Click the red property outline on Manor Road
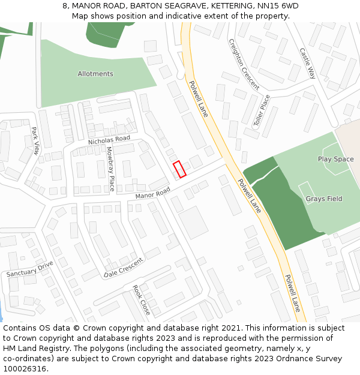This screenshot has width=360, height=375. pyautogui.click(x=179, y=169)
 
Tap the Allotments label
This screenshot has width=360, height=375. pyautogui.click(x=95, y=74)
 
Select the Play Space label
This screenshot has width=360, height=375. pyautogui.click(x=335, y=159)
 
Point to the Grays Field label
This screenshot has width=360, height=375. pyautogui.click(x=324, y=199)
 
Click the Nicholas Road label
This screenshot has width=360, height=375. pyautogui.click(x=109, y=139)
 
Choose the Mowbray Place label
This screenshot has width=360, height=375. pyautogui.click(x=110, y=169)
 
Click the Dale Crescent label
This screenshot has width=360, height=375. pyautogui.click(x=124, y=267)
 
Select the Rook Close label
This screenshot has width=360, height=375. pyautogui.click(x=141, y=300)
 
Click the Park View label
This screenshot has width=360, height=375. pyautogui.click(x=35, y=141)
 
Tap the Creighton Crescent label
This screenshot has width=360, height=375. pyautogui.click(x=244, y=65)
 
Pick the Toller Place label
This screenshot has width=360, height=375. pyautogui.click(x=262, y=110)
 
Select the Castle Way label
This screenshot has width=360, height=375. pyautogui.click(x=307, y=64)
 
